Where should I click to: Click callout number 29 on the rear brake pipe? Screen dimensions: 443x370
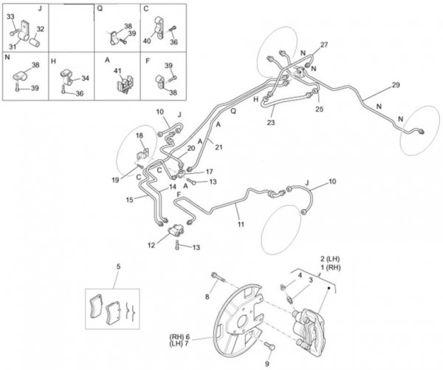click(396, 84)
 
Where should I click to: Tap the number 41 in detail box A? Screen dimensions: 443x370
click(117, 70)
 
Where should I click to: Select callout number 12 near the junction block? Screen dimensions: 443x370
click(151, 245)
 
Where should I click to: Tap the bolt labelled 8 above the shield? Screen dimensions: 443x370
click(218, 277)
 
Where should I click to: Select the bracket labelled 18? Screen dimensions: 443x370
click(143, 154)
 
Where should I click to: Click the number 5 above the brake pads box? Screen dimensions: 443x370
click(118, 266)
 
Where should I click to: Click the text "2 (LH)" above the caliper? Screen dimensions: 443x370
click(330, 258)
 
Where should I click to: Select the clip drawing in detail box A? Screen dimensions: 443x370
click(125, 84)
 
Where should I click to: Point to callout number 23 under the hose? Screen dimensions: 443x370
click(271, 122)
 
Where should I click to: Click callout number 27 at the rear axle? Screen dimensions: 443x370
click(324, 44)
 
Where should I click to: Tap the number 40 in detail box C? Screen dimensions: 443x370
click(147, 41)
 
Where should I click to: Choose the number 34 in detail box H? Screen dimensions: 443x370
click(85, 78)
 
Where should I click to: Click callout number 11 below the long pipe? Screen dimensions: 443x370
click(241, 224)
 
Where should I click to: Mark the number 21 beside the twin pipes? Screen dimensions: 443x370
click(219, 147)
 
